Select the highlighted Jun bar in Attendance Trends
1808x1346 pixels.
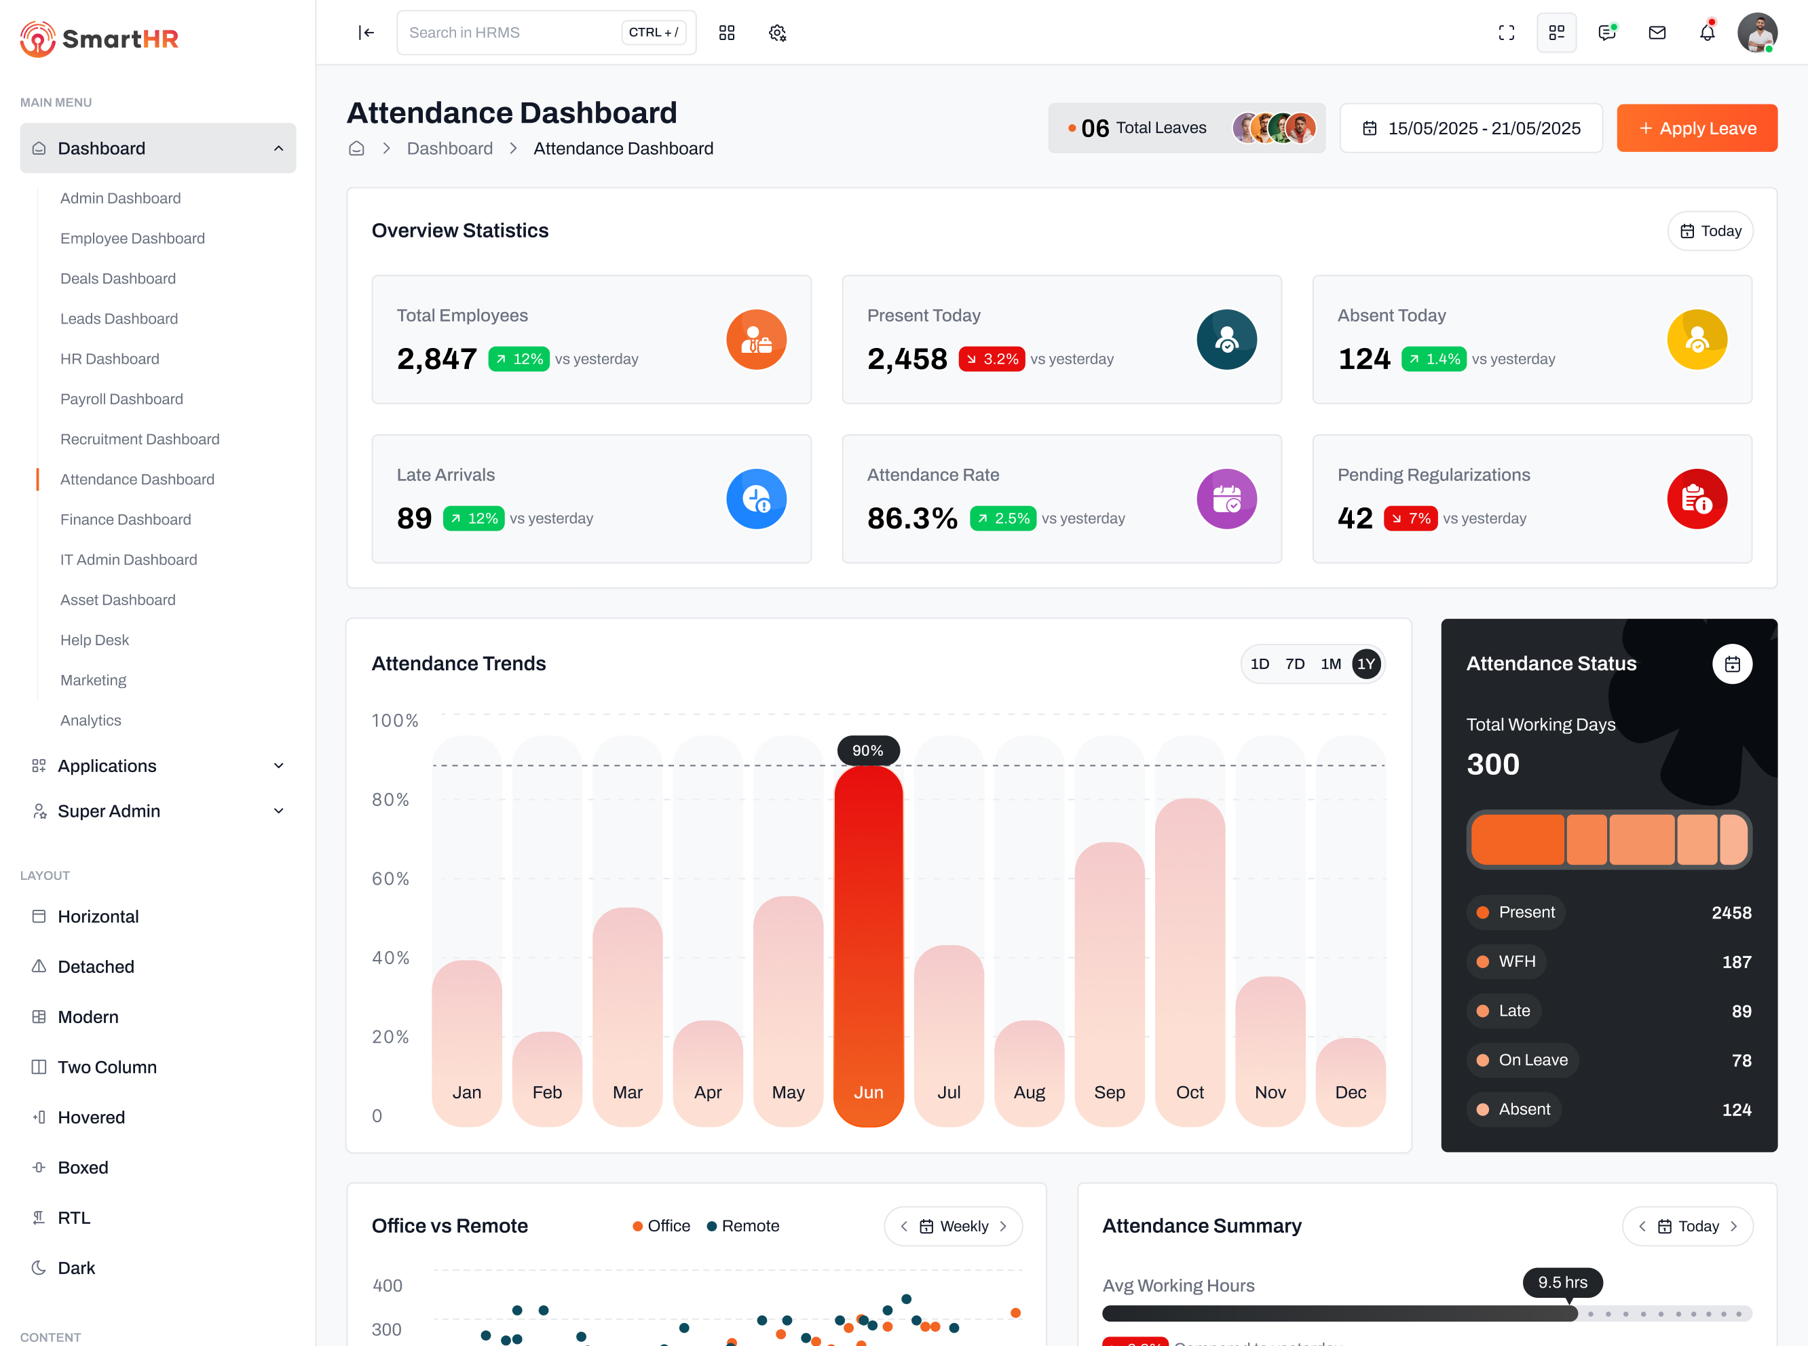click(868, 945)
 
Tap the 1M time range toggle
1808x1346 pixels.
click(1330, 664)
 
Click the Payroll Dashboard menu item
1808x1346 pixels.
click(121, 399)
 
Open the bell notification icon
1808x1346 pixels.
click(1707, 33)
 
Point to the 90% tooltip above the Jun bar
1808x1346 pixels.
click(867, 750)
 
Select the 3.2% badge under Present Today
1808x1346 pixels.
click(992, 360)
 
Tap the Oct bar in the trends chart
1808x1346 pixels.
click(1189, 961)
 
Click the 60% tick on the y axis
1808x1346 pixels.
click(390, 879)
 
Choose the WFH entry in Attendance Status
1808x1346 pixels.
click(1516, 961)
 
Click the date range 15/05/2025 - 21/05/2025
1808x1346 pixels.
click(1471, 128)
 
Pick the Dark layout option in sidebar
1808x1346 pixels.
click(76, 1268)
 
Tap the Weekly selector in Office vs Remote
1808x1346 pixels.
click(953, 1226)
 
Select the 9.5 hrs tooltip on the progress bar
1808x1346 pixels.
click(1562, 1282)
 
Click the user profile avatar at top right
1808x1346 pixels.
click(1756, 33)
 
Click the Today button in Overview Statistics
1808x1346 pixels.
click(1710, 231)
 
